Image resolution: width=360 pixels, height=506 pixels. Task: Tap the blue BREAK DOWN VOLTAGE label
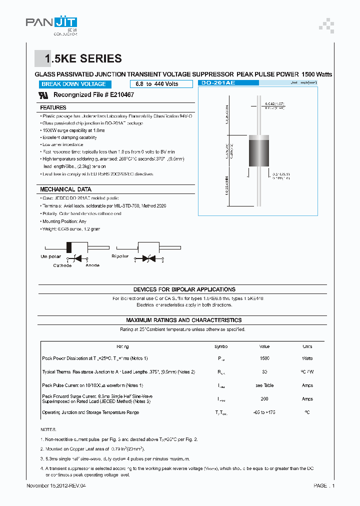pos(73,84)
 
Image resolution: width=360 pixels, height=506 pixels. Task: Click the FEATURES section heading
pos(53,107)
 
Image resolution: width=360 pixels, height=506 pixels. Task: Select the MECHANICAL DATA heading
pos(65,189)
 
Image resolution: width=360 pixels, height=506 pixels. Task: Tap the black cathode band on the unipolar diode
pos(70,247)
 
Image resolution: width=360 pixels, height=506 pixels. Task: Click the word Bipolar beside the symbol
pos(120,256)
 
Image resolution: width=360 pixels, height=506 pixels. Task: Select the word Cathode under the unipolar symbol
pos(62,265)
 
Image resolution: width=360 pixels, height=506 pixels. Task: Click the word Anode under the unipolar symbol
pos(92,265)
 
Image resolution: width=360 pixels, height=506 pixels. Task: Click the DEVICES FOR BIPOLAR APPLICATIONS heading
pos(184,289)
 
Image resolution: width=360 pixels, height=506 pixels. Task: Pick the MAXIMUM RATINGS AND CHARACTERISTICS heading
pos(183,320)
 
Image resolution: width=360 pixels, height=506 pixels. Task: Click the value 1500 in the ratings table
pos(264,358)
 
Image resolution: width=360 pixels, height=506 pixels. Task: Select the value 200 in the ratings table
pos(264,399)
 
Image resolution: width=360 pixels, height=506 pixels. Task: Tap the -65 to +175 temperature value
pos(264,412)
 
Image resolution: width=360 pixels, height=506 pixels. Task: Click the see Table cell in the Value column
pos(264,385)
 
